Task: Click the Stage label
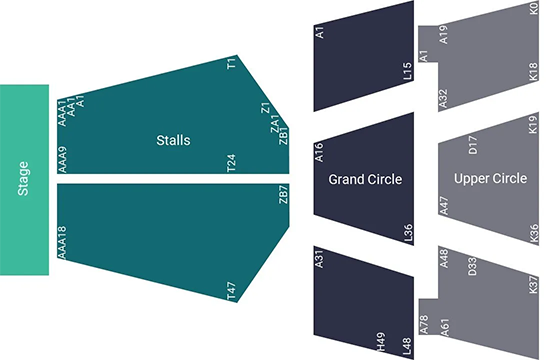coord(23,180)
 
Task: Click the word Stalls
coord(173,139)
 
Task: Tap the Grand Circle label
coord(365,180)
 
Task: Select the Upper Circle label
coord(490,179)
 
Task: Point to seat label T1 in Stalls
coord(232,64)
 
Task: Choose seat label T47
coord(232,292)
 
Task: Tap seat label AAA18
coord(62,243)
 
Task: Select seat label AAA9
coord(62,161)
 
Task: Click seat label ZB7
coord(283,193)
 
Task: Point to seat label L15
coord(407,71)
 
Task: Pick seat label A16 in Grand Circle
coord(320,152)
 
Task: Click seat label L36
coord(407,232)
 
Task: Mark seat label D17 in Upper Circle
coord(473,144)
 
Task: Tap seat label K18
coord(533,72)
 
